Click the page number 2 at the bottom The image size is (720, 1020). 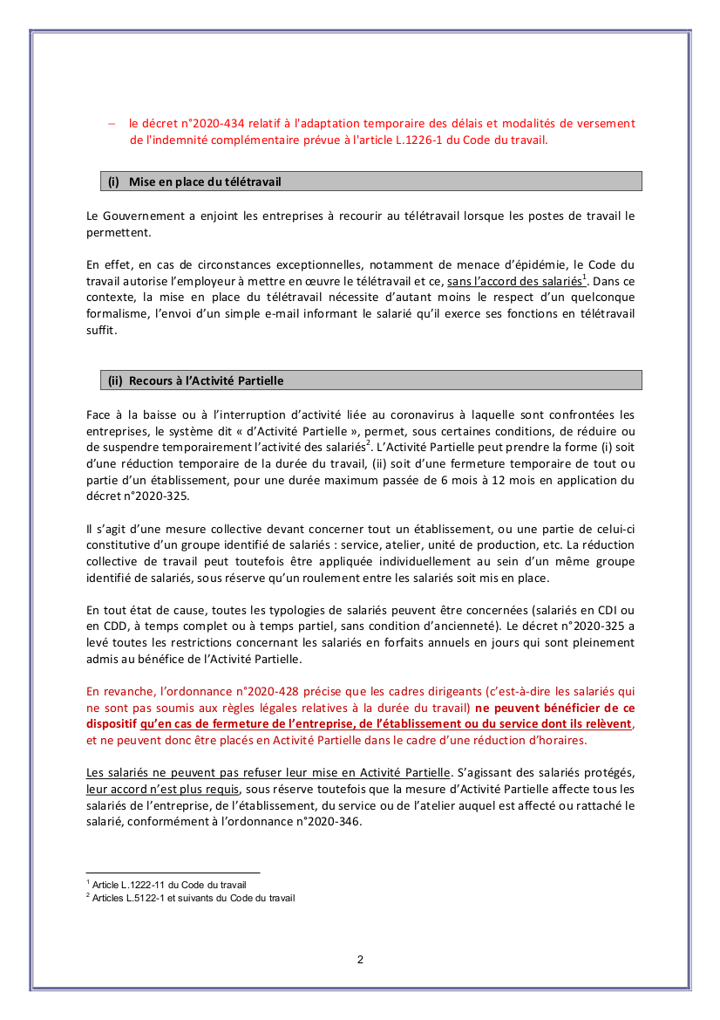pos(360,960)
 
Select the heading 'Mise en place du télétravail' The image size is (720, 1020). pos(205,181)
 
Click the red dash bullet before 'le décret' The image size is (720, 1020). pos(112,124)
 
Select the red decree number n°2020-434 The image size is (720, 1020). pos(204,124)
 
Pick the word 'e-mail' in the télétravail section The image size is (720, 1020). pos(302,314)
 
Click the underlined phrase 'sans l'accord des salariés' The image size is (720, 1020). pos(513,281)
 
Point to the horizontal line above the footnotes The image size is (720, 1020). pos(173,873)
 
